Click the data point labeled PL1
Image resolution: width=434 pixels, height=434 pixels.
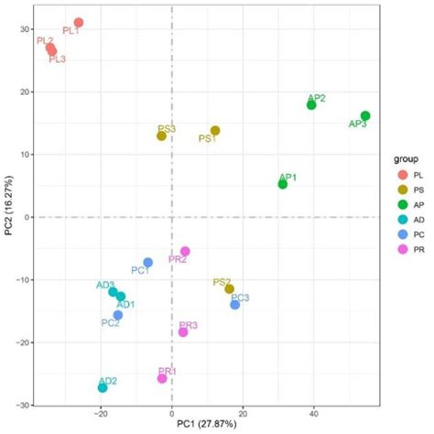pyautogui.click(x=79, y=23)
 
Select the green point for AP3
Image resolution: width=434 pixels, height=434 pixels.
pyautogui.click(x=365, y=116)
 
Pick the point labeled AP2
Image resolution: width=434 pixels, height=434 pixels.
pyautogui.click(x=311, y=105)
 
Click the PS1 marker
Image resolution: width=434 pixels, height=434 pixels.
pyautogui.click(x=215, y=131)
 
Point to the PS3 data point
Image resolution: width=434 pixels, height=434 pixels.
pyautogui.click(x=161, y=136)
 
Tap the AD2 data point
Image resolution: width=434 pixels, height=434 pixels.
pyautogui.click(x=103, y=388)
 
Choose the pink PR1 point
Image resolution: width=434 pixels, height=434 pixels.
pyautogui.click(x=162, y=378)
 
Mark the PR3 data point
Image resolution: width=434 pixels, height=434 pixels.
pyautogui.click(x=183, y=331)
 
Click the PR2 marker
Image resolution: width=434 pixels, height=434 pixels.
pyautogui.click(x=185, y=252)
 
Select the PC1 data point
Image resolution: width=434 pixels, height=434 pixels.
pyautogui.click(x=148, y=263)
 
